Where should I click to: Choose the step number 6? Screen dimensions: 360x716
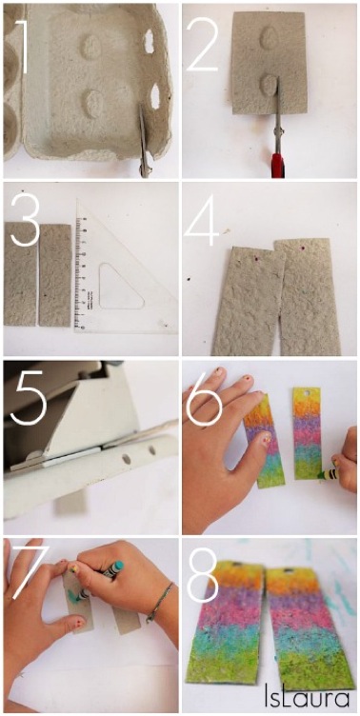pos(206,397)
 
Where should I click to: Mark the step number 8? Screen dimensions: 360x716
pos(205,571)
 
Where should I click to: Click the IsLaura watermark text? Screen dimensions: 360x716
pos(307,697)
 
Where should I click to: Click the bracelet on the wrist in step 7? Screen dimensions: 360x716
pos(159,602)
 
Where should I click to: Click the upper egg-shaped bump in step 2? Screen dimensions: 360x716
pos(269,36)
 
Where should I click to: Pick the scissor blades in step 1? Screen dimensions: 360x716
pos(143,139)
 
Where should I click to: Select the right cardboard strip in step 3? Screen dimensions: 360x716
pos(55,275)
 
